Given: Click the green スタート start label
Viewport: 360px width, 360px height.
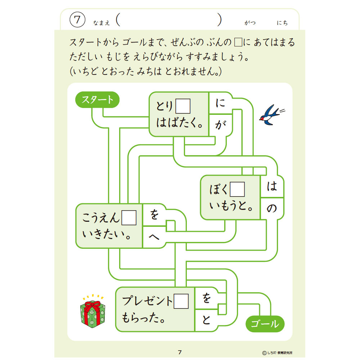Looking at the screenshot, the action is (97, 100).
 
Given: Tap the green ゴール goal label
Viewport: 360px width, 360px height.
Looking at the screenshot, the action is (265, 324).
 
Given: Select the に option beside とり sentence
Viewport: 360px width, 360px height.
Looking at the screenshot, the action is (220, 103).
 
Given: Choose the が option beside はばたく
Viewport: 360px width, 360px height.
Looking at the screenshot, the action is (220, 125).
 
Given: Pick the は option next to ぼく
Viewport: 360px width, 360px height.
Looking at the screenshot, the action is (272, 186).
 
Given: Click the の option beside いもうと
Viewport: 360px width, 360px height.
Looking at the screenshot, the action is (272, 208).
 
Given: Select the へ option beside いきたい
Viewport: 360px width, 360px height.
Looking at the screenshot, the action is (154, 237).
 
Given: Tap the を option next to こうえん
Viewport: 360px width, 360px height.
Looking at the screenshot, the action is (154, 215).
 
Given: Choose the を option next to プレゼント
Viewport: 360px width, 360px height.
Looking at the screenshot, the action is (206, 298).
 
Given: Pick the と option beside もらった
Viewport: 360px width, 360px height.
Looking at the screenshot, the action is (206, 320).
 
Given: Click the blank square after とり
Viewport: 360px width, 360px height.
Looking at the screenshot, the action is (183, 106).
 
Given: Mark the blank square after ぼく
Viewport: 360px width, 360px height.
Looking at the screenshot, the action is (237, 189).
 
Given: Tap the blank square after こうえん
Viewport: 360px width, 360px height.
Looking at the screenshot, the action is (129, 218).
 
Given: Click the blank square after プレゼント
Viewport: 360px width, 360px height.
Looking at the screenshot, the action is (181, 301).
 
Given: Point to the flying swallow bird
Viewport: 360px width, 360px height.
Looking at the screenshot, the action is (271, 115).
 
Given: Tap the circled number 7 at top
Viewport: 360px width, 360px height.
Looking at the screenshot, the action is (77, 20).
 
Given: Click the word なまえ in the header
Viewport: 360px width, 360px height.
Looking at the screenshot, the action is (102, 23).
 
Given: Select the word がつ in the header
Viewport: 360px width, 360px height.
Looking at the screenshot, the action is (250, 22).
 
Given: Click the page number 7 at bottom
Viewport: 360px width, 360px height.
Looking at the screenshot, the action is (180, 352).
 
